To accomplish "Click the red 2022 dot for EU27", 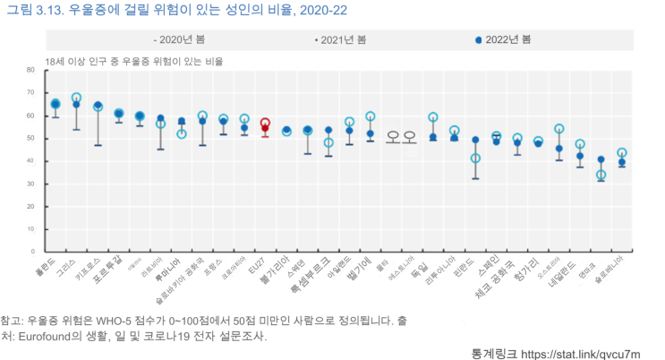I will (x=265, y=128).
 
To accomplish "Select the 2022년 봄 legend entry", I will (x=503, y=40).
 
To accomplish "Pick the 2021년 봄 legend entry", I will (x=340, y=40).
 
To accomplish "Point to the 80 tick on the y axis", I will (x=30, y=70).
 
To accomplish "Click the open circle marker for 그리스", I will (x=76, y=98).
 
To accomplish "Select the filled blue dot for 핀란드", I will (x=475, y=140).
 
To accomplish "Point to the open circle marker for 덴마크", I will (x=601, y=175).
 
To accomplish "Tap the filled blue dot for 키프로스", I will (x=98, y=106).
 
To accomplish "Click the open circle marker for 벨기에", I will (x=371, y=116).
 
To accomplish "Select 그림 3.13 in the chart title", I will (x=30, y=10).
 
